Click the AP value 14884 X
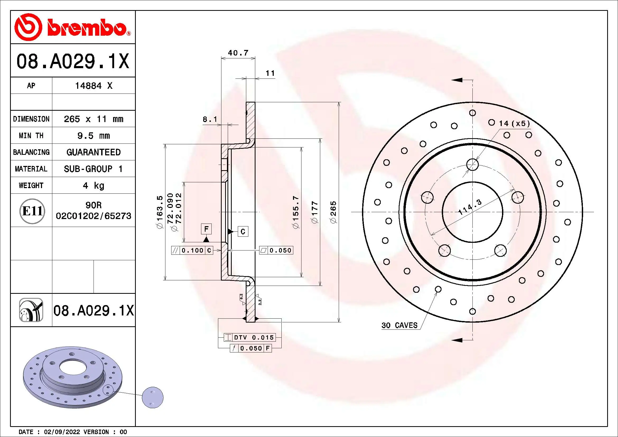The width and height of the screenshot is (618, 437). point(93,86)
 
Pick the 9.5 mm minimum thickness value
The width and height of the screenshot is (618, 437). point(93,136)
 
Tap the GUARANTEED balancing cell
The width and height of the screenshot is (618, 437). point(93,152)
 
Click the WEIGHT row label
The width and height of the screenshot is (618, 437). point(31,185)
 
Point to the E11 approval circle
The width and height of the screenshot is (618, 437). point(32,211)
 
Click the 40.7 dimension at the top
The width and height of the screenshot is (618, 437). point(238,53)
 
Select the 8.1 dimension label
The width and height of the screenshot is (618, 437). point(210,119)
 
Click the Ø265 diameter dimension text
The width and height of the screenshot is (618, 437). point(333,212)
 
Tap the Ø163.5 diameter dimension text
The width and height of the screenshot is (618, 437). point(160,212)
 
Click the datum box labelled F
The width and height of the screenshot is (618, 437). point(206,229)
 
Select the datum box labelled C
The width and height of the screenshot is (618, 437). point(243,231)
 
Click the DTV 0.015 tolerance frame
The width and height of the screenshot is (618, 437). point(249,337)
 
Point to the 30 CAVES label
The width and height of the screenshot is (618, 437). point(399,325)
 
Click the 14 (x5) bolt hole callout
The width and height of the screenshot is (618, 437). point(514,123)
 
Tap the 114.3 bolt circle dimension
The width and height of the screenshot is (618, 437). point(470,207)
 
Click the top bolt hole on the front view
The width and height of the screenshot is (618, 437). point(472,164)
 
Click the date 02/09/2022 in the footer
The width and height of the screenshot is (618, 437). point(62,432)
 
